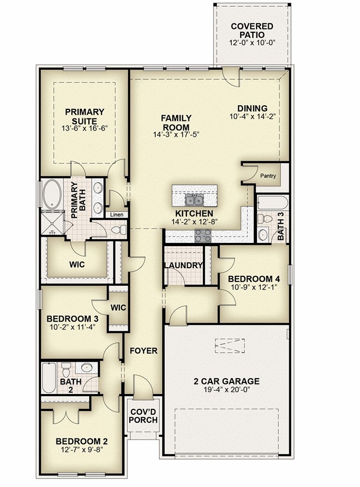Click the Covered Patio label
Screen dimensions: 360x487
(252, 31)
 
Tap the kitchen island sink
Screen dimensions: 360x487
(194, 200)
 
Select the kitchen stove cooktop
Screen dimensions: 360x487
(203, 236)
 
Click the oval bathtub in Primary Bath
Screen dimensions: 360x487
(52, 194)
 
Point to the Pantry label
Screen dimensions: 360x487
(268, 175)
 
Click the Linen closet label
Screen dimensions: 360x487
(117, 214)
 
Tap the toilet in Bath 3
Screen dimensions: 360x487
(265, 219)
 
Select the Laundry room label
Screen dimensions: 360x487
(183, 265)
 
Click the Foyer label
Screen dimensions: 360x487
(144, 351)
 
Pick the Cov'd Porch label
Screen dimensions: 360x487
(144, 416)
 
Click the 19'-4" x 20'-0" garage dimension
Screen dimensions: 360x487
(226, 389)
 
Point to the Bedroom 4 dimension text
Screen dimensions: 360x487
(254, 287)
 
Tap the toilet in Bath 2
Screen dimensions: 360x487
(66, 370)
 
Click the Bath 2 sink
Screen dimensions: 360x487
(86, 368)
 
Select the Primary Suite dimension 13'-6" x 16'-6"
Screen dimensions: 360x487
(84, 128)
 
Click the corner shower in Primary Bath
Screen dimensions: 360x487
(52, 223)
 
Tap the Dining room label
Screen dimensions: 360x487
(252, 108)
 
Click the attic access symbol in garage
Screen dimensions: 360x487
(230, 345)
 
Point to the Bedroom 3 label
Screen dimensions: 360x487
(72, 319)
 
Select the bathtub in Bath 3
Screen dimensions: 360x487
(272, 203)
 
